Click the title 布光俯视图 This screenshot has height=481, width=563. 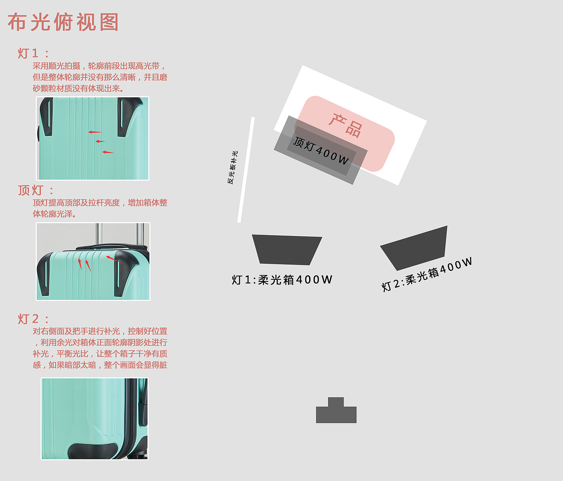coord(63,22)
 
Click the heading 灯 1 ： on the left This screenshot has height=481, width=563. coord(33,53)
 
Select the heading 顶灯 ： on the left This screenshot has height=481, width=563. coord(36,190)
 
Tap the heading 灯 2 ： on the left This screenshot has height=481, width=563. coord(33,318)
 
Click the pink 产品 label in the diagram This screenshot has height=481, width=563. coord(345,125)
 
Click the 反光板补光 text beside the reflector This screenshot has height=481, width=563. coord(232,167)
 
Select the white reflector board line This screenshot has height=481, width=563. coord(246,170)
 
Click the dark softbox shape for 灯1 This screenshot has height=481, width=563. coord(287,250)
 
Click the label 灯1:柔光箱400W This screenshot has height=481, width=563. coord(282,280)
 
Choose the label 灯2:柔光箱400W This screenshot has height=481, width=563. coord(427,274)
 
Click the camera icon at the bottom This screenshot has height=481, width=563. coord(336,410)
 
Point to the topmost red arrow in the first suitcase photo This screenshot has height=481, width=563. coord(95,132)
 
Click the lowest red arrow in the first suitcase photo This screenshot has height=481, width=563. coord(108,152)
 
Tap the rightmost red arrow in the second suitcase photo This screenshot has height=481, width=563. coord(113,259)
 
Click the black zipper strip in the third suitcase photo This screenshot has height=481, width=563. coord(128,418)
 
